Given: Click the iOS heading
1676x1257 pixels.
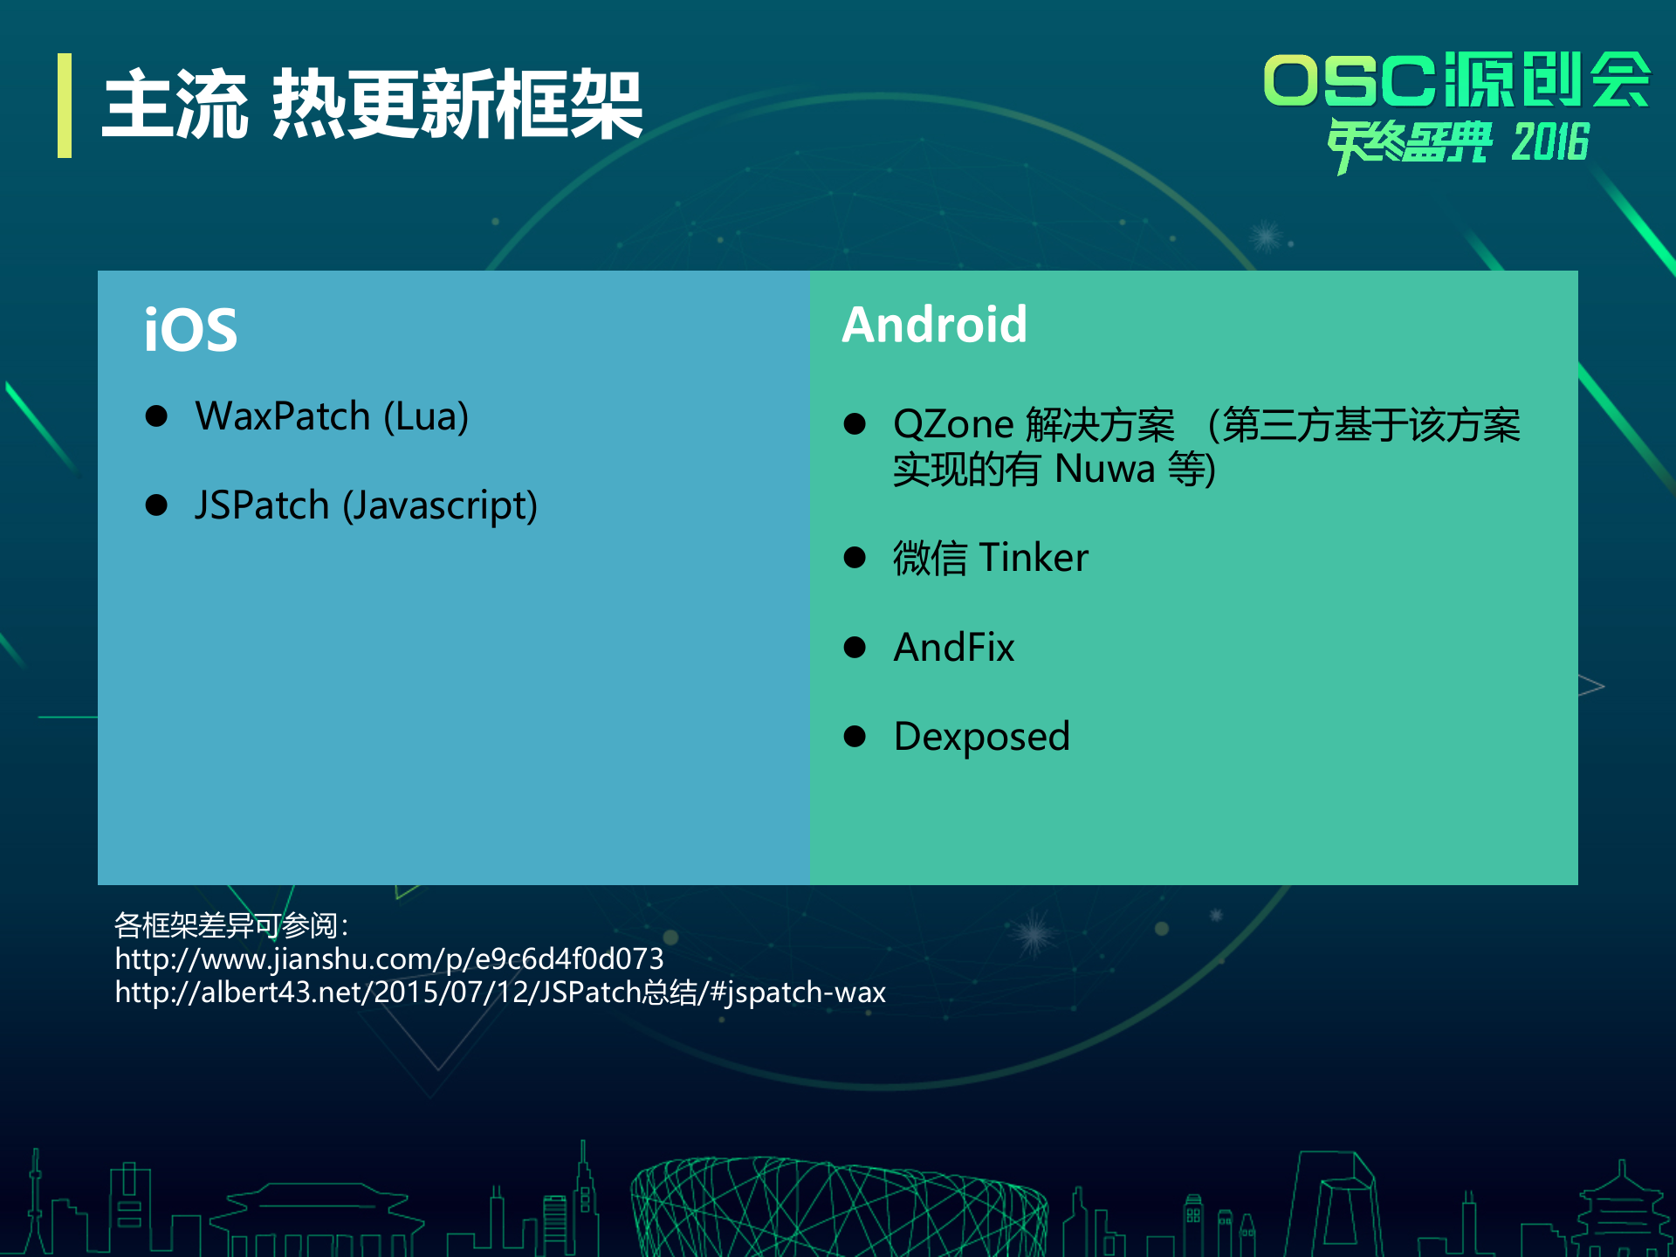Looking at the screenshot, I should (190, 330).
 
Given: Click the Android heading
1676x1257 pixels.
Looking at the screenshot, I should (934, 325).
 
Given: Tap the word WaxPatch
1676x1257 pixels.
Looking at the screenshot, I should (283, 416).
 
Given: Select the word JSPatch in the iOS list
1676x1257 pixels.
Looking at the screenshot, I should (261, 505).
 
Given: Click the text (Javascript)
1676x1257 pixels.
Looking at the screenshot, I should (440, 506).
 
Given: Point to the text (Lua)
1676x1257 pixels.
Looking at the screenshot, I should (426, 416).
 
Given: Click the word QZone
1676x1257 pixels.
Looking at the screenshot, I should (952, 425).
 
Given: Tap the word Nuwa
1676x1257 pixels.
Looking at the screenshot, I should (1104, 470).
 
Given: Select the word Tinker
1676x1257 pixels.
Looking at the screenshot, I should (1034, 558).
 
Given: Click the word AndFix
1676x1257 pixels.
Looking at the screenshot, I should (954, 648).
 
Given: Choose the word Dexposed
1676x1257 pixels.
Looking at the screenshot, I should (982, 737).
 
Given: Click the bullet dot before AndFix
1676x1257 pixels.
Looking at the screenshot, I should (855, 648).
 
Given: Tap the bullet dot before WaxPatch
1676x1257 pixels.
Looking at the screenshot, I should (156, 416).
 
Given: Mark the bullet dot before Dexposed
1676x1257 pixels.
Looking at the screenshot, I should (855, 737).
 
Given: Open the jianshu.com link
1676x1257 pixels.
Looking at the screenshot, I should (389, 958).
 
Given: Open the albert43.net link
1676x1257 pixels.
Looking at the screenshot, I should (500, 993).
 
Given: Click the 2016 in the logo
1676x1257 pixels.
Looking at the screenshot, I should (1550, 142).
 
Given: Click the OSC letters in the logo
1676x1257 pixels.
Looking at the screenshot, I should (1349, 81).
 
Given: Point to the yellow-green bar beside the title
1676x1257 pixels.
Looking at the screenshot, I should (65, 106).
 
